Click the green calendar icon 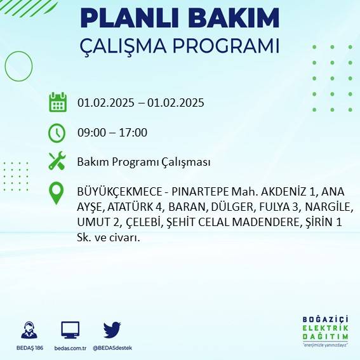coord(58,102)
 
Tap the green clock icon coord(57,133)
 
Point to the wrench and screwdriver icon coord(57,161)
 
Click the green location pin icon coord(57,193)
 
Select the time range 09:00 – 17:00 coord(112,133)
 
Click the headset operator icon coord(28,331)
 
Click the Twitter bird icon coord(112,330)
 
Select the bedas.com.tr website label coord(70,348)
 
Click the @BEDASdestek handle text coord(112,348)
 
